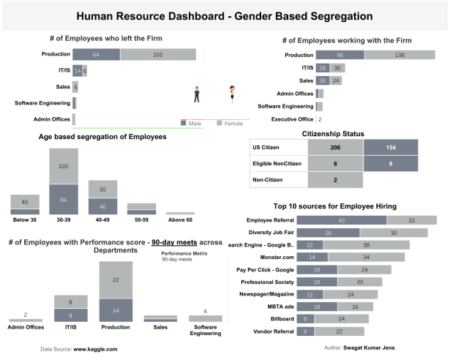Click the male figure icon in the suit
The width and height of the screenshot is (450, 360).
[197, 94]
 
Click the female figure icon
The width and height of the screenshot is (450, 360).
[233, 94]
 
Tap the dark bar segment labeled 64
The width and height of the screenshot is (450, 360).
[96, 54]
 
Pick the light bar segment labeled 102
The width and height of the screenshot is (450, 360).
[157, 54]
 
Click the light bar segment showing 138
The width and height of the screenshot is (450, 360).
[395, 55]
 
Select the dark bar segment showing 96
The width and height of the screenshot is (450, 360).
[340, 55]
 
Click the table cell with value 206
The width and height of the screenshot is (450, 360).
[335, 147]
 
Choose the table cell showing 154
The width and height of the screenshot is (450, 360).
[391, 147]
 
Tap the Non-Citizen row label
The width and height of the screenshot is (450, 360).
[269, 179]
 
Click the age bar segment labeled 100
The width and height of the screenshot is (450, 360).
[63, 167]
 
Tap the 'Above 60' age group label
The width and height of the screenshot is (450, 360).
[180, 220]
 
